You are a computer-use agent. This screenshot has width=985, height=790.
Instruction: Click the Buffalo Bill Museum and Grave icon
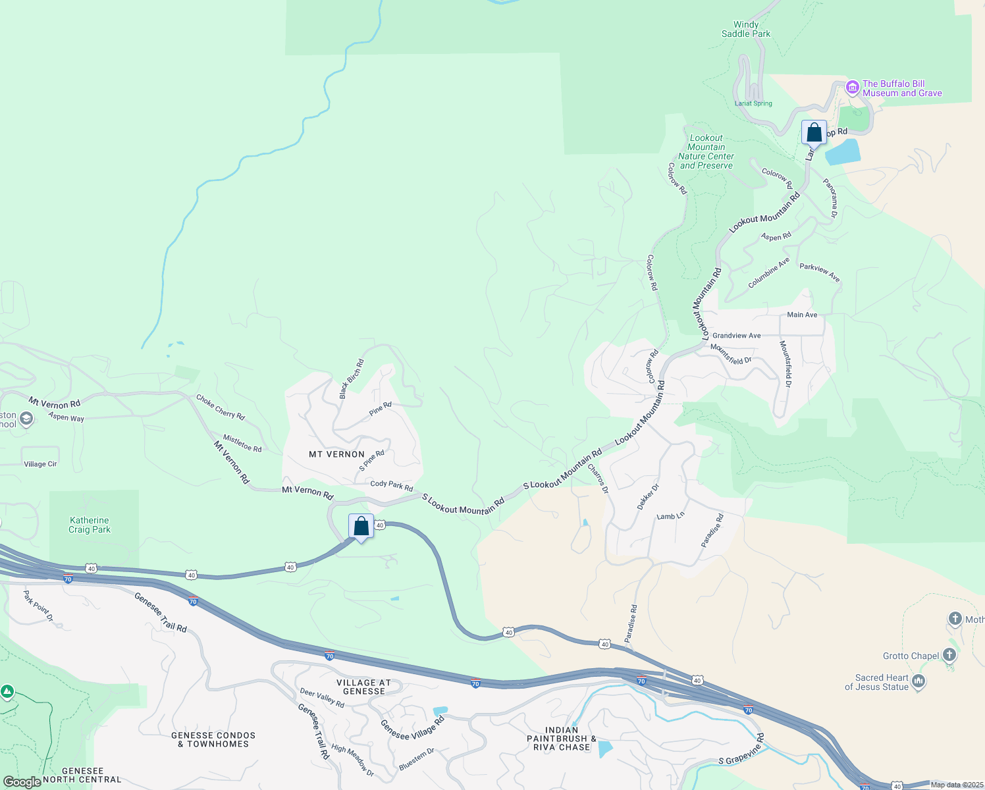click(x=852, y=88)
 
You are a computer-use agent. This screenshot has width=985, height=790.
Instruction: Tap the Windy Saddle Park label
click(x=746, y=29)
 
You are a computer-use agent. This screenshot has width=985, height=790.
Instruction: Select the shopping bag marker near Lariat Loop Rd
click(x=814, y=132)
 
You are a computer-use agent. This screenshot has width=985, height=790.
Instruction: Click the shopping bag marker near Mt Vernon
click(x=361, y=527)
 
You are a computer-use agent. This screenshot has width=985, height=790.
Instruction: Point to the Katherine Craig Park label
click(x=90, y=525)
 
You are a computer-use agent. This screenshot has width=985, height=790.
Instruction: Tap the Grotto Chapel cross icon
click(x=949, y=654)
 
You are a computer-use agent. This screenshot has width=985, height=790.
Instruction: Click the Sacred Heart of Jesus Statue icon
click(x=919, y=681)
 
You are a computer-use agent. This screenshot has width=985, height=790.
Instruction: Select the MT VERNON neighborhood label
click(x=336, y=454)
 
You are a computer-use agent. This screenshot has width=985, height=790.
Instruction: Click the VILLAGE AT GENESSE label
click(x=363, y=687)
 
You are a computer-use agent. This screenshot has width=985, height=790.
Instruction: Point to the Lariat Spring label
click(x=753, y=103)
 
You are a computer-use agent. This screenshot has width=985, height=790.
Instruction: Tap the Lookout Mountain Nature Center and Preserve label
click(x=706, y=152)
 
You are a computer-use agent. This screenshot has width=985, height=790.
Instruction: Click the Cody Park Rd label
click(x=391, y=485)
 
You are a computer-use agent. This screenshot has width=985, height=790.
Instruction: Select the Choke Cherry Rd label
click(x=221, y=407)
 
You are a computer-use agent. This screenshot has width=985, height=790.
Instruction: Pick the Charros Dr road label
click(x=598, y=479)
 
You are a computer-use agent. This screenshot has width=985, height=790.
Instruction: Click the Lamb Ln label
click(x=670, y=517)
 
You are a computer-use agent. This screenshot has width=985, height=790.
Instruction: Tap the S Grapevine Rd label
click(x=741, y=750)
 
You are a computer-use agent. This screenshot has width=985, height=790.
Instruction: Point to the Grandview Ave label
click(x=736, y=336)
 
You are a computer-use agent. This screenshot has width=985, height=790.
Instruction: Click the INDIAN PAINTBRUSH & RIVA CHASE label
click(x=562, y=739)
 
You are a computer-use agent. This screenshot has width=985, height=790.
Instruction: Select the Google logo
click(x=22, y=782)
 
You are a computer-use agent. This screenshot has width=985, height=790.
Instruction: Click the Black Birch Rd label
click(x=351, y=379)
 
